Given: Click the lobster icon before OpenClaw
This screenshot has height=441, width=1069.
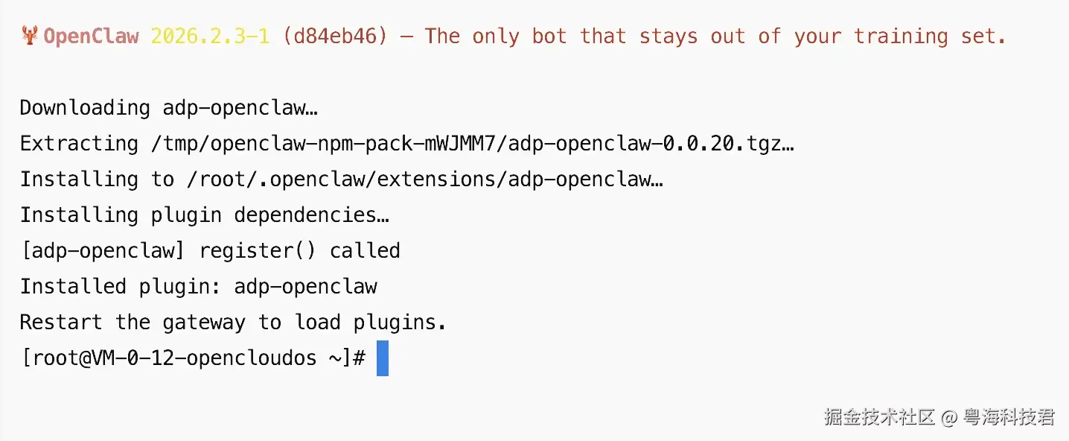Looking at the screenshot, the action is (30, 36).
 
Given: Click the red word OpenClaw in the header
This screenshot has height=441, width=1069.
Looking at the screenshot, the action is (91, 36).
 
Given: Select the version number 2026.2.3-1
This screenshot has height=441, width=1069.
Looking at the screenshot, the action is (209, 36).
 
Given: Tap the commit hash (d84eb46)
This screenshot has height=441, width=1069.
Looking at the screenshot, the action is (335, 36).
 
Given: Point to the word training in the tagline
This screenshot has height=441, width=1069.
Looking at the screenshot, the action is (901, 36).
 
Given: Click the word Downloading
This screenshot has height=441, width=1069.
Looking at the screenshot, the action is (85, 107).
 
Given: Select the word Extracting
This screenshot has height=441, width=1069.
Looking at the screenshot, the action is (79, 143).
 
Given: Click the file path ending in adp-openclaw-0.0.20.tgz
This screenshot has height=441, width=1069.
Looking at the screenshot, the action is (473, 143).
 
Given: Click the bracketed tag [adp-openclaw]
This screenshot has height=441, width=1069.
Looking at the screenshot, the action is (103, 250).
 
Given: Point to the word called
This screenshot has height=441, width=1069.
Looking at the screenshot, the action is (366, 250).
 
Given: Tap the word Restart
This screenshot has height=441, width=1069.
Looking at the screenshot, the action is (61, 322).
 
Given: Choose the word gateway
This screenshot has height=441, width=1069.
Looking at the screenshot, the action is (204, 322).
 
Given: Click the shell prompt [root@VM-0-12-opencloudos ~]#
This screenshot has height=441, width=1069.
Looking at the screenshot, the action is (193, 358).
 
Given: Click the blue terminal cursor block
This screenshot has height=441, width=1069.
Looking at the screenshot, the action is (383, 358).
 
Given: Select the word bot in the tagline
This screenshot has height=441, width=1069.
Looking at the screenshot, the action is (549, 36).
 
